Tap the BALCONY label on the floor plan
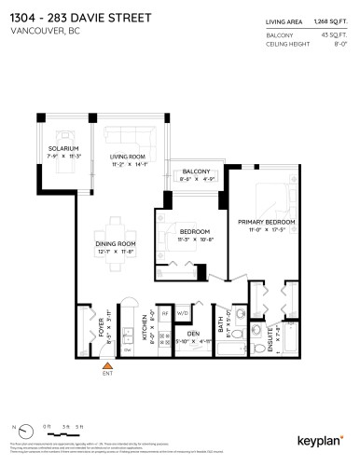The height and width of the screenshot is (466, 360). (x=195, y=171)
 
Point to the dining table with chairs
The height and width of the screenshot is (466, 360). (x=117, y=226)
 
